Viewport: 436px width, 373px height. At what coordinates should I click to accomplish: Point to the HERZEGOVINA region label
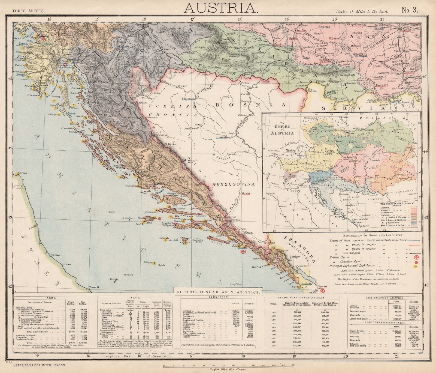(234, 184)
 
